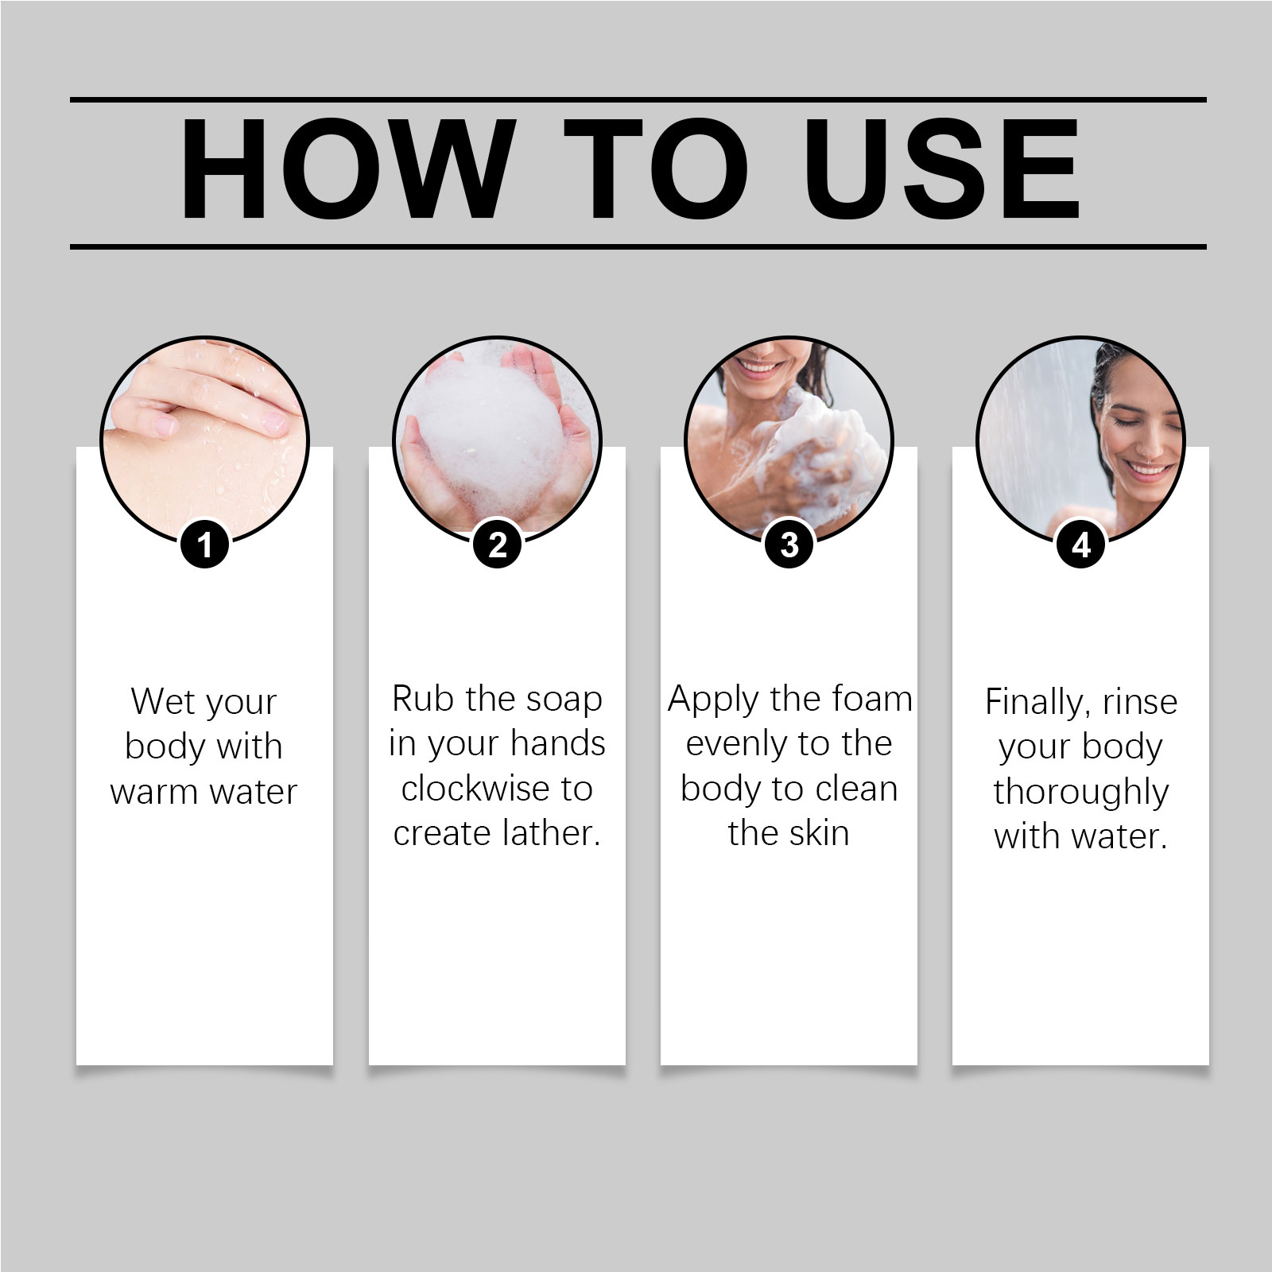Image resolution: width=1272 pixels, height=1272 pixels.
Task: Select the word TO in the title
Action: [x=657, y=169]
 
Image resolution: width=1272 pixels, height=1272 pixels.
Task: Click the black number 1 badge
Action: [x=205, y=545]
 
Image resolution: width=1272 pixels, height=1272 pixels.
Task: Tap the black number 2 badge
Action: [x=497, y=545]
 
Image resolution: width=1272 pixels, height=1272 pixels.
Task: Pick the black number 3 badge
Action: [x=789, y=545]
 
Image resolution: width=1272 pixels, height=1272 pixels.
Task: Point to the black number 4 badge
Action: [x=1081, y=545]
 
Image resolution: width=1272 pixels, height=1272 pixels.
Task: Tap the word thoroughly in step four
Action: [x=1081, y=793]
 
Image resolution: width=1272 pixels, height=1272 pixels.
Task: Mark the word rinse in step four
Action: [x=1140, y=703]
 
